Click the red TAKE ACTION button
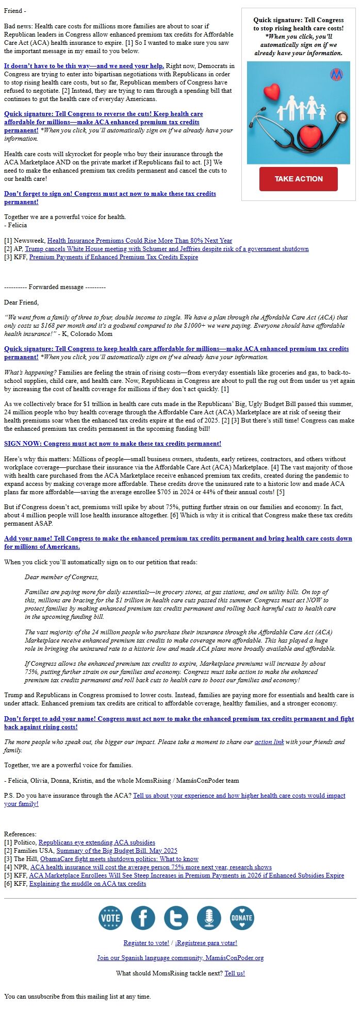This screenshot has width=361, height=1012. [298, 179]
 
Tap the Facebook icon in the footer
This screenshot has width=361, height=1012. [143, 918]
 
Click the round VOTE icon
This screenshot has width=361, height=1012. [110, 918]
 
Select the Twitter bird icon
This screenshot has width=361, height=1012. [176, 918]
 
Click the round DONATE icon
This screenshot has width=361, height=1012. [242, 918]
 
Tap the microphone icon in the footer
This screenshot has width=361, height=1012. [209, 918]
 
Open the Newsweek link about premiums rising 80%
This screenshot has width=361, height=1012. [139, 241]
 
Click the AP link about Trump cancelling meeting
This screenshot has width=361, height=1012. [167, 249]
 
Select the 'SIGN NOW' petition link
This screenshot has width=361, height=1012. [112, 444]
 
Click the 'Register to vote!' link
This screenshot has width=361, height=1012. [146, 943]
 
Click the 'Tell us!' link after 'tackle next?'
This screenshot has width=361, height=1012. [235, 973]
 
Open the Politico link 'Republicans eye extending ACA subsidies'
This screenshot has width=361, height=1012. [96, 842]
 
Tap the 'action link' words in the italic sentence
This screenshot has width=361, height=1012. [269, 742]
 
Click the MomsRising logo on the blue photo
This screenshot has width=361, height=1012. [336, 75]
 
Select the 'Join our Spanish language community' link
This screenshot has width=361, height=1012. [180, 958]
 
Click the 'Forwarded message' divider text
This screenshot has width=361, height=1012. [55, 287]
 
